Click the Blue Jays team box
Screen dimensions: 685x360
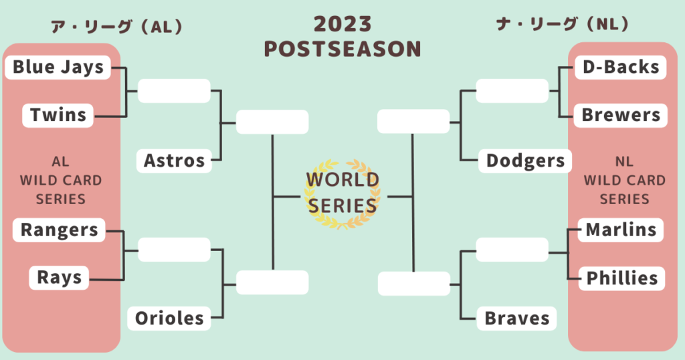(x=58, y=68)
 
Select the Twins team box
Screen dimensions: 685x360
(x=58, y=115)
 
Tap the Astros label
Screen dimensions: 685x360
(x=175, y=161)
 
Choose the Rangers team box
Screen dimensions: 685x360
(x=59, y=230)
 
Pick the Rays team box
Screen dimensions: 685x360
(x=59, y=278)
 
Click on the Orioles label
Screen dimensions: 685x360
(x=169, y=318)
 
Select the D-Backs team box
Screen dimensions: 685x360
(x=620, y=68)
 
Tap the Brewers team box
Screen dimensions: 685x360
(x=620, y=115)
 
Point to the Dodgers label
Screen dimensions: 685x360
(x=525, y=161)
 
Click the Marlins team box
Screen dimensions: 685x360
(x=621, y=230)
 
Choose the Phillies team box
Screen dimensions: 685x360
(x=621, y=278)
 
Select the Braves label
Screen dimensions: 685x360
(x=517, y=318)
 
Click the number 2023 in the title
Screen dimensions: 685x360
(x=342, y=24)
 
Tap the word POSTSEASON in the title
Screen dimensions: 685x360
(x=342, y=49)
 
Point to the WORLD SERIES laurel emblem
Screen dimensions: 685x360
(x=342, y=193)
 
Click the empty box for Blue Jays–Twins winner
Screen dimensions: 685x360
(x=175, y=91)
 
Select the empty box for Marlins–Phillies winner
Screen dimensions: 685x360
(x=512, y=250)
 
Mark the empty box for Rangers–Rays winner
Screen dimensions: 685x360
(x=175, y=250)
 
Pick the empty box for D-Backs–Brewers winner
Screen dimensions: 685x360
(x=512, y=91)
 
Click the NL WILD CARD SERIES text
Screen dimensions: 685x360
(x=624, y=180)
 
